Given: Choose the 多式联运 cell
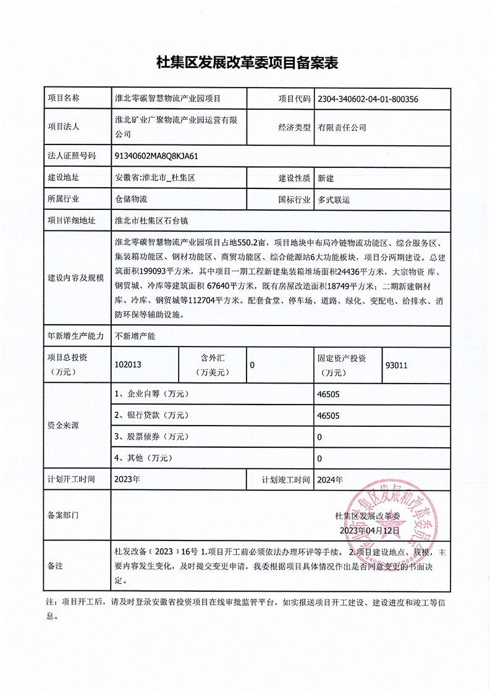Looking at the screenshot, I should pyautogui.click(x=334, y=200).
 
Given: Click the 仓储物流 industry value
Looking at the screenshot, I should pyautogui.click(x=131, y=200).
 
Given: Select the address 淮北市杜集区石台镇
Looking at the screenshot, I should pyautogui.click(x=151, y=220).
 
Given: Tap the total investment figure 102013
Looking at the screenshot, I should pyautogui.click(x=129, y=365).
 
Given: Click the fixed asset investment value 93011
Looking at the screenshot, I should pyautogui.click(x=396, y=365).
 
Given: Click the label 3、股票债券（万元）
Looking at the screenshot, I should pyautogui.click(x=151, y=437).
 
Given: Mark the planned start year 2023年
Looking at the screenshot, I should pyautogui.click(x=127, y=480).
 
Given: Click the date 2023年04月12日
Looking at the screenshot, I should pyautogui.click(x=370, y=530).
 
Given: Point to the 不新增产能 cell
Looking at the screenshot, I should pyautogui.click(x=135, y=337).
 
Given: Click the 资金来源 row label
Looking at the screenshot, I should pyautogui.click(x=63, y=426).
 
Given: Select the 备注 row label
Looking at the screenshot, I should pyautogui.click(x=56, y=566).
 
